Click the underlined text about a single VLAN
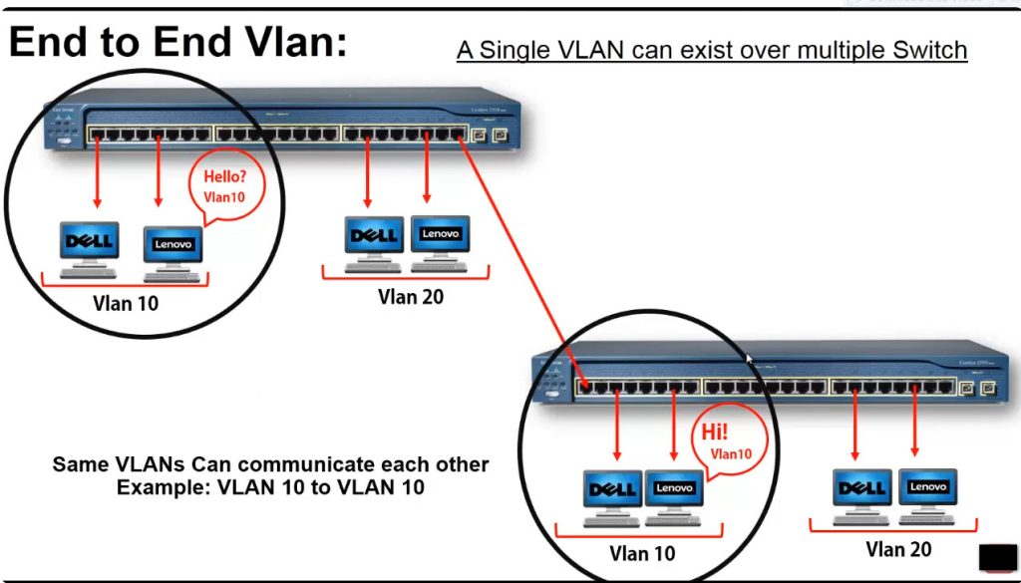pyautogui.click(x=712, y=50)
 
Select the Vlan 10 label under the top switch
pyautogui.click(x=126, y=303)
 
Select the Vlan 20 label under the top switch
pyautogui.click(x=410, y=296)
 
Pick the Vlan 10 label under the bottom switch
pyautogui.click(x=642, y=553)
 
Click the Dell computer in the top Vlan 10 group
pyautogui.click(x=89, y=246)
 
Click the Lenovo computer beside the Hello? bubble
pyautogui.click(x=172, y=250)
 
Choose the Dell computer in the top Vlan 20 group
pyautogui.click(x=374, y=240)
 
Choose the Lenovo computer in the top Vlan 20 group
pyautogui.click(x=440, y=240)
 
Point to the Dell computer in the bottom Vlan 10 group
pyautogui.click(x=612, y=495)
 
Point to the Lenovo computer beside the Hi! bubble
pyautogui.click(x=674, y=495)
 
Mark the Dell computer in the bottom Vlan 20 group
pyautogui.click(x=862, y=493)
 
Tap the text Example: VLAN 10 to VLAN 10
pyautogui.click(x=270, y=488)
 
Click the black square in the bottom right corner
pyautogui.click(x=997, y=558)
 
